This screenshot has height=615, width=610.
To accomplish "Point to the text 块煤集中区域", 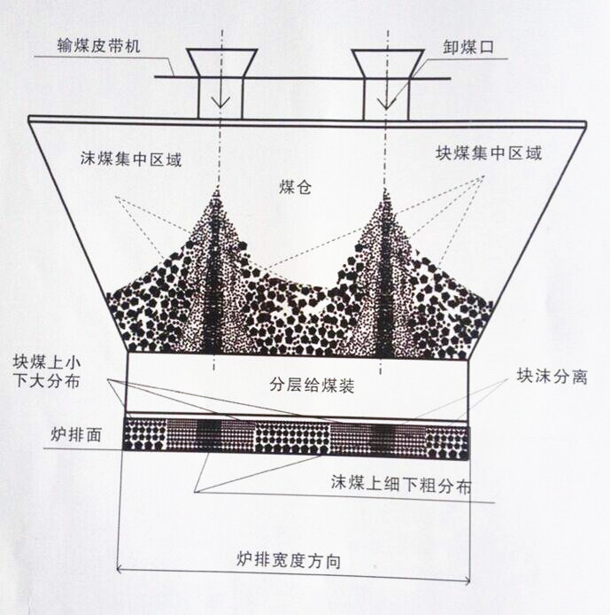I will pyautogui.click(x=488, y=152).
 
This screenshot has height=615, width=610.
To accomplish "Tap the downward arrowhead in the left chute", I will pyautogui.click(x=221, y=102).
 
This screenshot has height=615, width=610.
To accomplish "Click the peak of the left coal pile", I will pyautogui.click(x=215, y=192).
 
